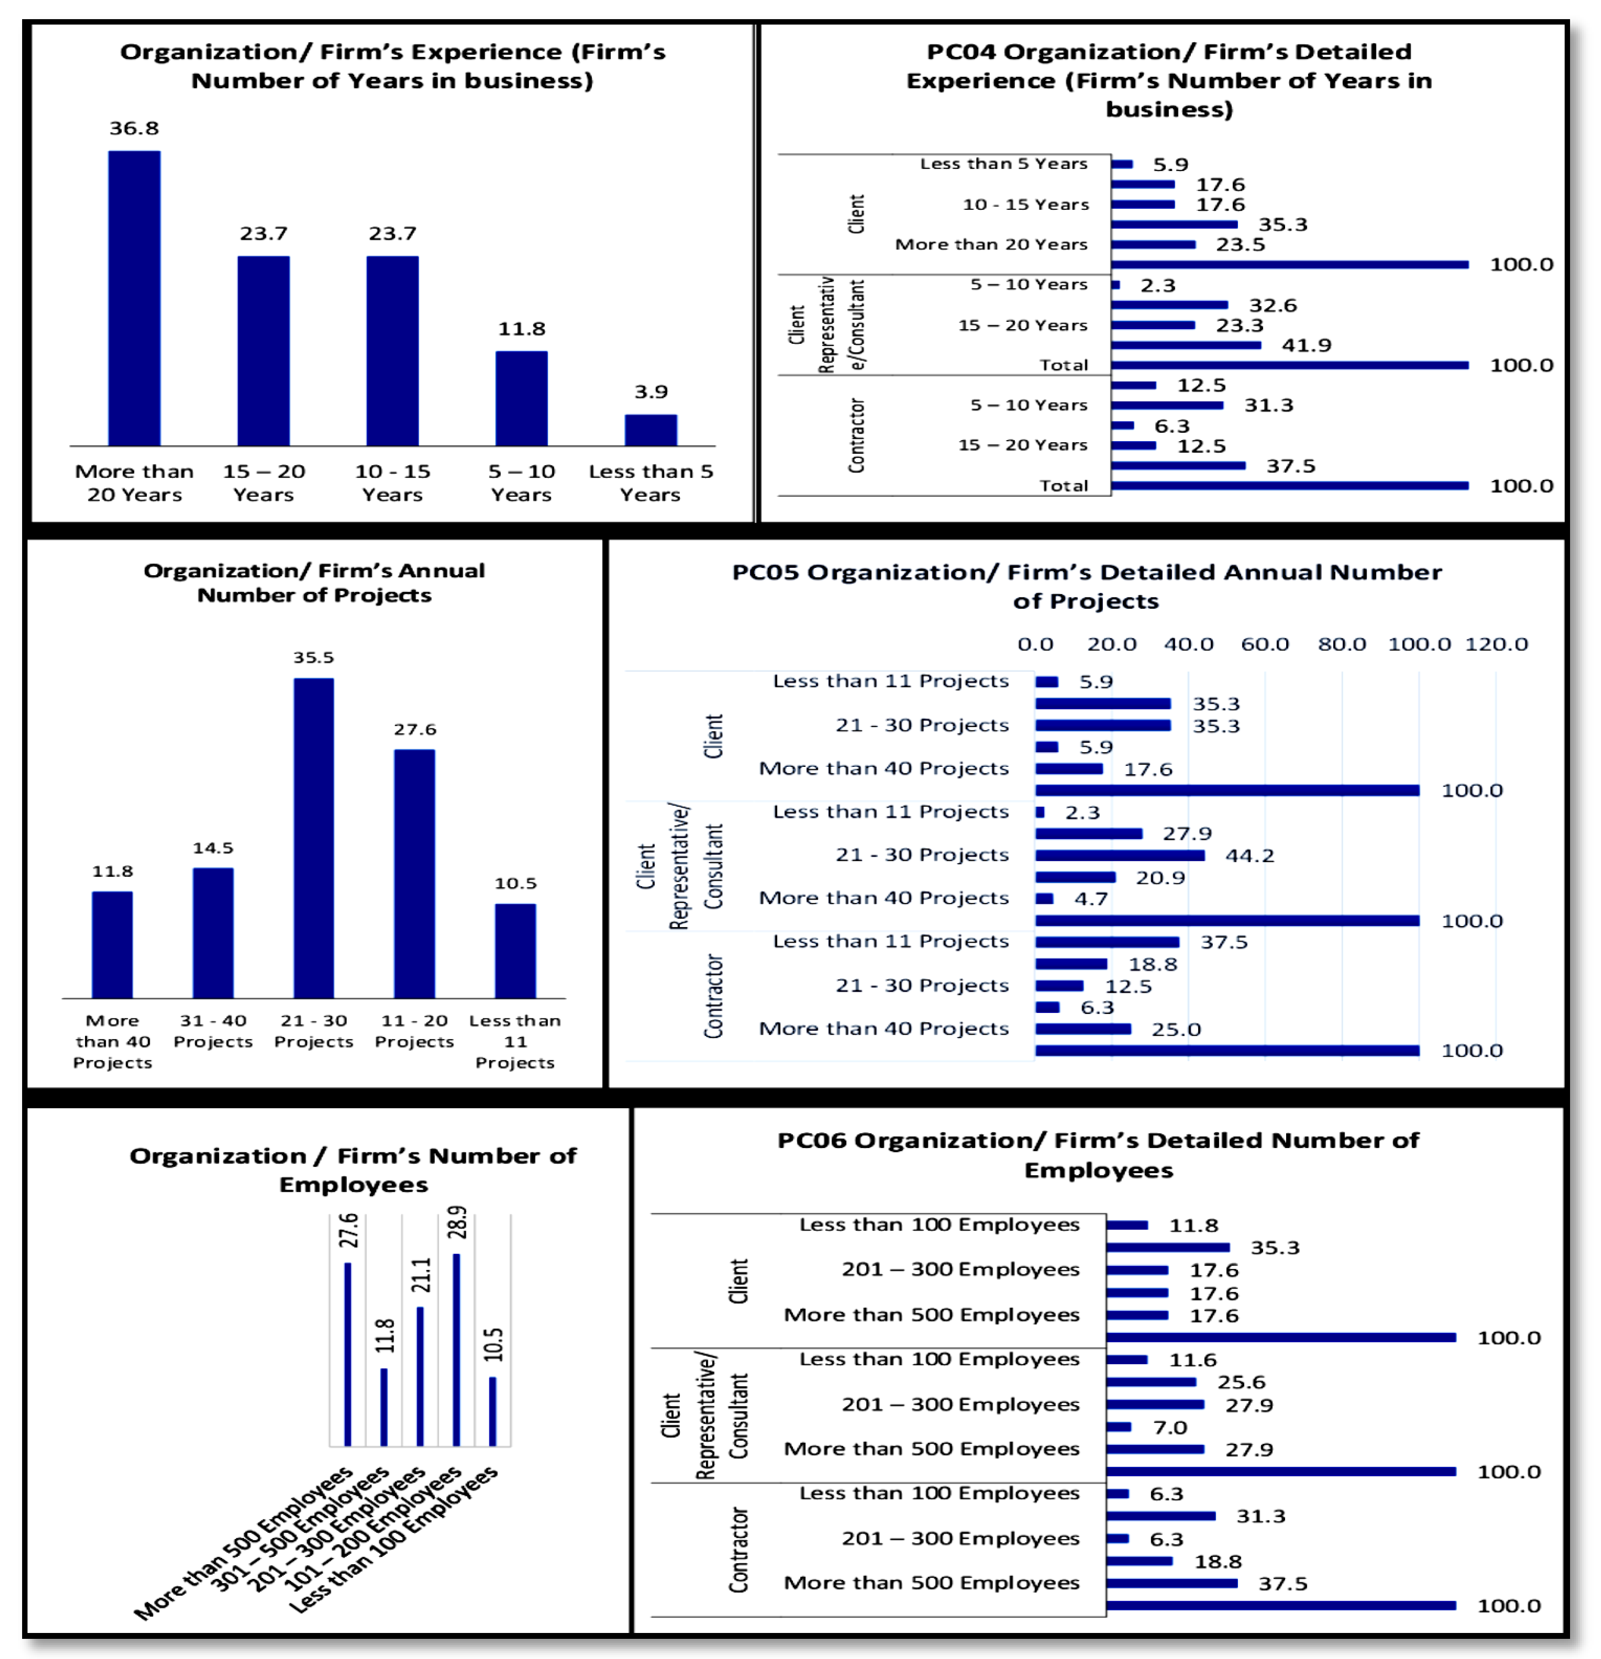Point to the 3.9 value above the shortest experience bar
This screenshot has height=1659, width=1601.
(x=651, y=392)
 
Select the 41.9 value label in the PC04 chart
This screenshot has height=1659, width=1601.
(x=1306, y=345)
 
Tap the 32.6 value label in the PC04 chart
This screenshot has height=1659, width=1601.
(x=1272, y=306)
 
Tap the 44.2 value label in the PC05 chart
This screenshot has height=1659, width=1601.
(x=1249, y=856)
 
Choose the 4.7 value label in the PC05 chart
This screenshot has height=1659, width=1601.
(x=1091, y=899)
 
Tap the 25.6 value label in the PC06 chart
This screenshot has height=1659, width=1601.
(x=1240, y=1382)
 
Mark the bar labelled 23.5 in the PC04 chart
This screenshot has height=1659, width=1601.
(x=1152, y=245)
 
